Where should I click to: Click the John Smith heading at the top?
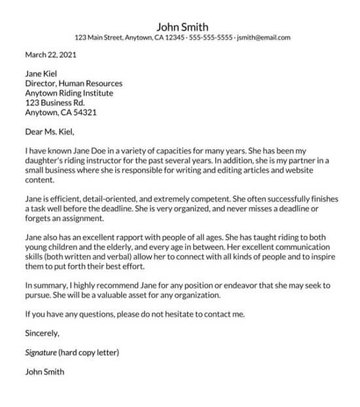click(182, 27)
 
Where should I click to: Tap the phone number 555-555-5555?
click(211, 38)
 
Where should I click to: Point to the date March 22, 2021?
click(50, 56)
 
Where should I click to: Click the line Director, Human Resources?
click(73, 84)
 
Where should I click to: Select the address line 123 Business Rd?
click(55, 103)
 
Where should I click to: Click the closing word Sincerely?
click(43, 334)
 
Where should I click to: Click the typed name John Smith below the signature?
click(45, 372)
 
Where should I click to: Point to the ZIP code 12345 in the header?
click(174, 38)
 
